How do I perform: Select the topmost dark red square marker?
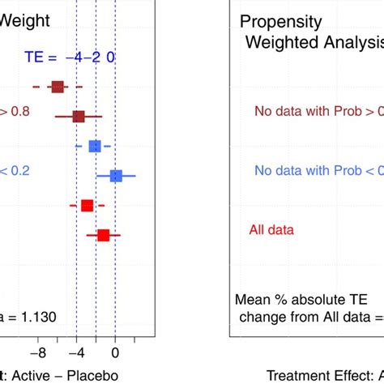click(x=58, y=87)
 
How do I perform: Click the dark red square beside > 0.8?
click(x=79, y=117)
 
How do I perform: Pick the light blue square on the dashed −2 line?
click(x=95, y=146)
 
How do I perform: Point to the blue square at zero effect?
click(x=116, y=176)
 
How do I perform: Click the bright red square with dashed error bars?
click(x=87, y=206)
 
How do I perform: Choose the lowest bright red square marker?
click(x=104, y=235)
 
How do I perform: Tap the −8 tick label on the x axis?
click(x=37, y=353)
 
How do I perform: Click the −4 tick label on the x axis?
click(x=76, y=353)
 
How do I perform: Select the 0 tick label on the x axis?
click(x=115, y=353)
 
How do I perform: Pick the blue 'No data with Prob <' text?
click(x=316, y=170)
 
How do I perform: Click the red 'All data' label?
click(x=269, y=230)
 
